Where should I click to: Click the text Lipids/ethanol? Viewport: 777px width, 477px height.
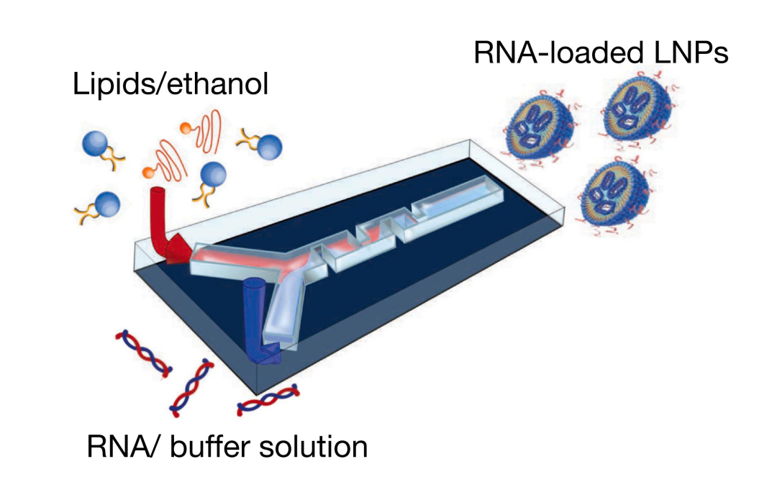[171, 85]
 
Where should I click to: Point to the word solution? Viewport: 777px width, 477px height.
[317, 447]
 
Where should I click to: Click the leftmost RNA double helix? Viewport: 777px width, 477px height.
[143, 355]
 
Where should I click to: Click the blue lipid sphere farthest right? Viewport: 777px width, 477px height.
[268, 148]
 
